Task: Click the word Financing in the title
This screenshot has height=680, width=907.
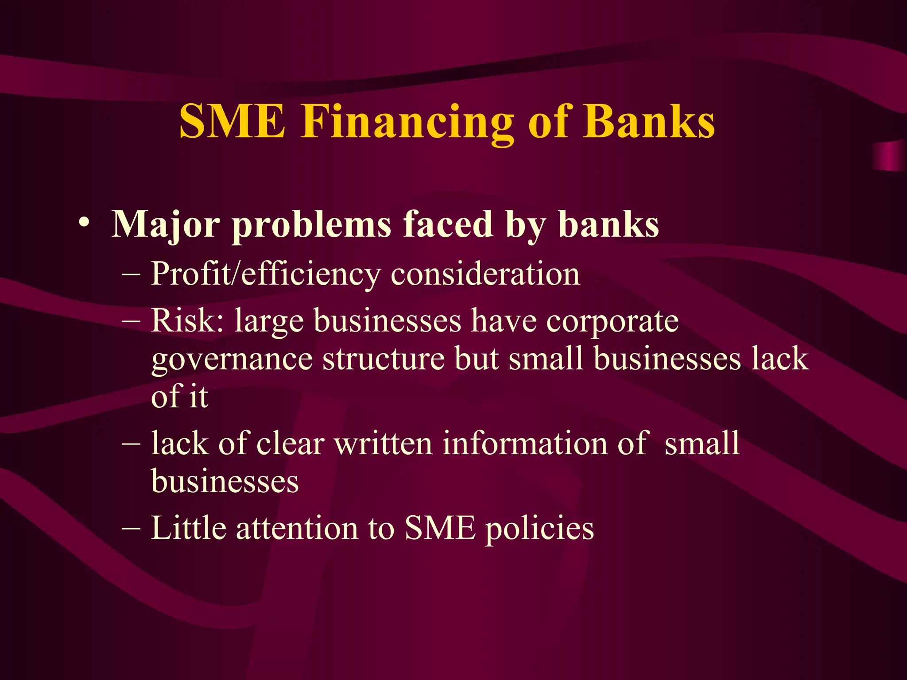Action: coord(407,122)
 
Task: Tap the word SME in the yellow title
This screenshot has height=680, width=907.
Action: coord(232,122)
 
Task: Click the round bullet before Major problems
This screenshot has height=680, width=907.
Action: coord(84,223)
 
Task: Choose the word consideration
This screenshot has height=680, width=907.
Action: coord(485,274)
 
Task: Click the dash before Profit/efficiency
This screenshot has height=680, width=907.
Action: coord(131,274)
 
